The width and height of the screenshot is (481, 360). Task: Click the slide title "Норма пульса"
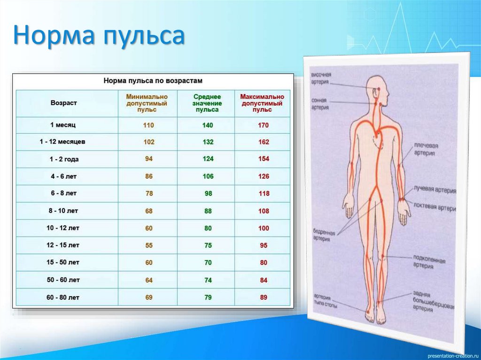pos(98,37)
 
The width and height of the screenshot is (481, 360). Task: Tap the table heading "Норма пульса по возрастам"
pos(153,81)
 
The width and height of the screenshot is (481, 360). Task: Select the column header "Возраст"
pos(63,103)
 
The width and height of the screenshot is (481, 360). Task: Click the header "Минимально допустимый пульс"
pos(147,103)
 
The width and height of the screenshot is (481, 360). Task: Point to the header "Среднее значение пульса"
pos(207,103)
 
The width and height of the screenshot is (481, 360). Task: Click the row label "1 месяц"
pos(63,125)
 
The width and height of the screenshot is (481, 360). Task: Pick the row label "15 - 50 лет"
pos(63,262)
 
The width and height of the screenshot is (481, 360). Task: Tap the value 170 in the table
pos(264,125)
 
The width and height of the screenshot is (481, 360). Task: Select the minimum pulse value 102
pos(149,142)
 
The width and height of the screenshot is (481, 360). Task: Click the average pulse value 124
pos(208,159)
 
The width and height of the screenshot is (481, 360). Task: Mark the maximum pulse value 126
pos(264,176)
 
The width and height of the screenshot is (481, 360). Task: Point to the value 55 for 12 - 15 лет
pos(149,245)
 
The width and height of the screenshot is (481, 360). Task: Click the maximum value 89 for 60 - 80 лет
pos(264,297)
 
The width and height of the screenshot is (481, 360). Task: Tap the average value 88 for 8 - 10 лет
pos(208,211)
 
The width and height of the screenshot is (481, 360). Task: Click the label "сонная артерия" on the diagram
pos(320,104)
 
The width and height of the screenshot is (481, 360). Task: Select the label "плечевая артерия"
pos(425,149)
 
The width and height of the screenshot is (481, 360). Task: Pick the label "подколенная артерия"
pos(429,263)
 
